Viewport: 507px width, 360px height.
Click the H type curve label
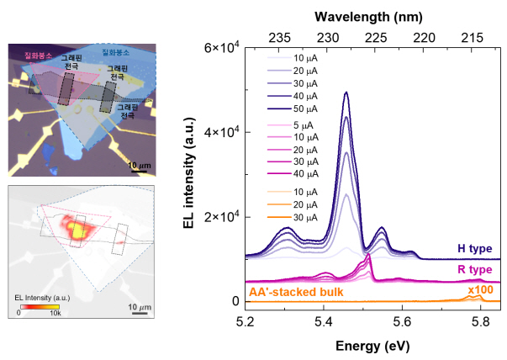474,248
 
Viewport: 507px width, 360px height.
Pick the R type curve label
474,269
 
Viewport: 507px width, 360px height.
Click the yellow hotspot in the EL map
77,229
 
